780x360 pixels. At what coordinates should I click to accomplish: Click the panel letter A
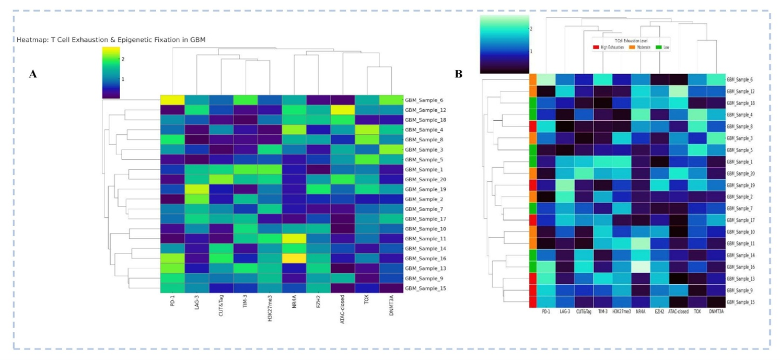(33, 75)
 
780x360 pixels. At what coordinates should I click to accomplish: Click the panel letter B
(459, 74)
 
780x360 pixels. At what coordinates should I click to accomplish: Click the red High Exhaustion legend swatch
(596, 47)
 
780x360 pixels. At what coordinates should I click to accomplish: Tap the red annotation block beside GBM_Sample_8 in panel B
(533, 126)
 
